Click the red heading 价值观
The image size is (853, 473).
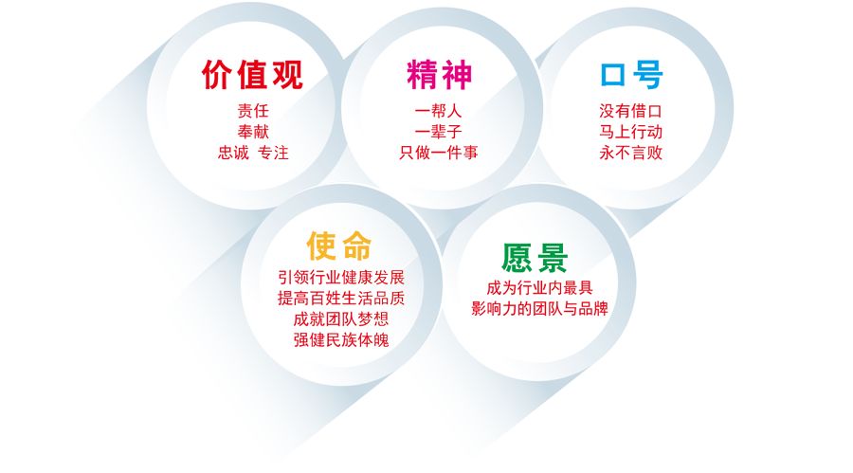point(252,74)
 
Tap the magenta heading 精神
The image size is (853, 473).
point(439,74)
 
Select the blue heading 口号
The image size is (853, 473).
point(631,74)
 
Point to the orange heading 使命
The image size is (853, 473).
point(339,246)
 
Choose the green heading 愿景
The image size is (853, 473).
point(535,258)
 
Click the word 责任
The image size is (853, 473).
point(253,111)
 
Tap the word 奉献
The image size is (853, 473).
point(253,132)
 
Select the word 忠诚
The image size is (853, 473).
point(233,153)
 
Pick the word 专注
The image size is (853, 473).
point(273,153)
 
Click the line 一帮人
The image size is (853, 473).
point(439,111)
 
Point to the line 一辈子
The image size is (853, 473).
point(439,132)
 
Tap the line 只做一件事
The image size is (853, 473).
point(439,153)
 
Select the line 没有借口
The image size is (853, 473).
point(631,111)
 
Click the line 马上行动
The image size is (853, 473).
point(631,132)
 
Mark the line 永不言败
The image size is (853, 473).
point(631,153)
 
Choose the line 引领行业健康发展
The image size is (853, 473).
point(341,278)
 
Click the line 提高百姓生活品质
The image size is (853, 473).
point(341,299)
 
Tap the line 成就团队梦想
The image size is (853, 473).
point(341,318)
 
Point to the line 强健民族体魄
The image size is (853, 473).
point(341,339)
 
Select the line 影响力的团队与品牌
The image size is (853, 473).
point(539,309)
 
